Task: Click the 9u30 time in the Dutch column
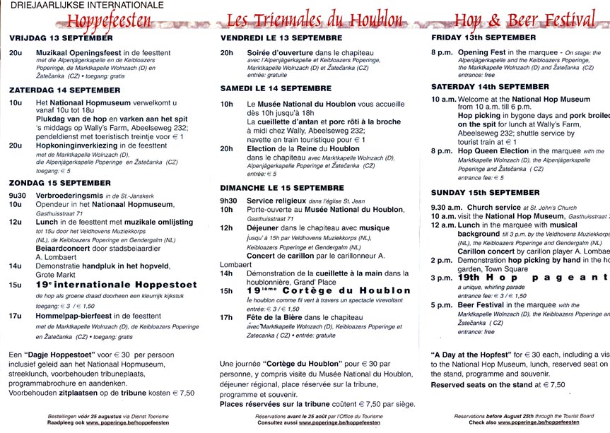point(17,195)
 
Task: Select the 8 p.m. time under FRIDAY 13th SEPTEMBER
point(442,52)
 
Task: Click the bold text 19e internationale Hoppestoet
point(103,285)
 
